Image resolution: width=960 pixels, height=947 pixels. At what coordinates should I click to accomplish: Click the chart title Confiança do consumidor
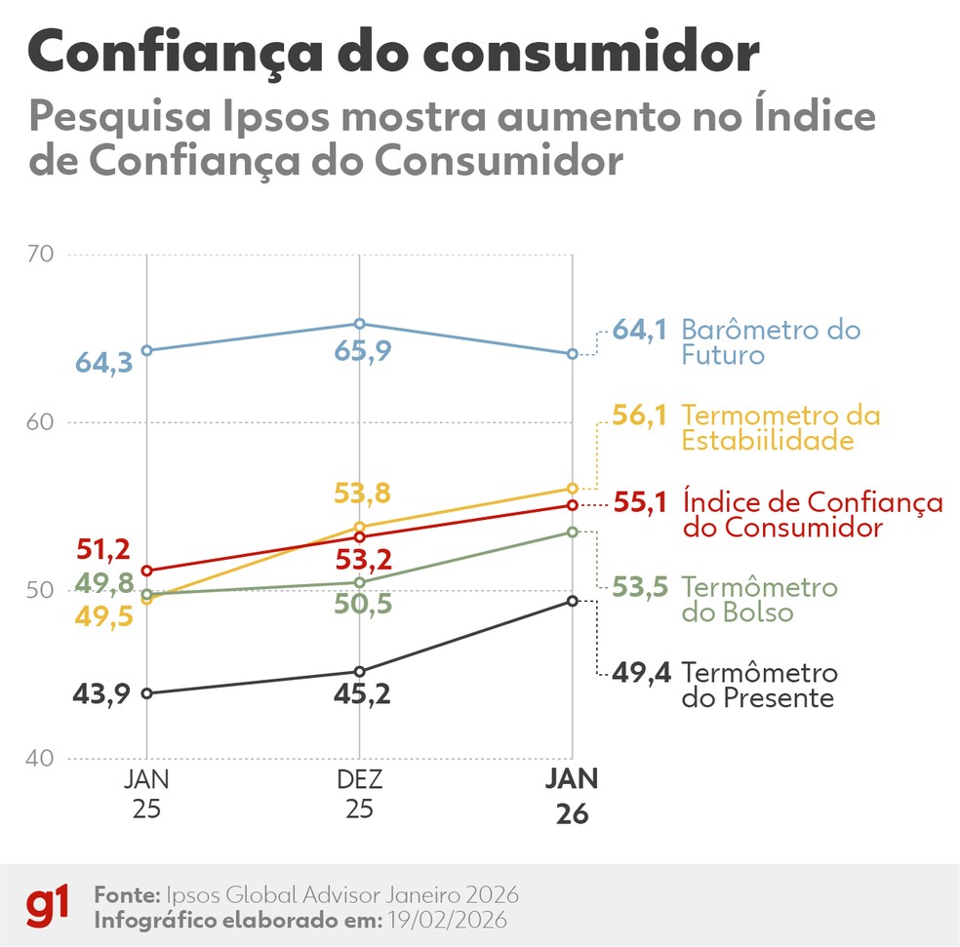click(x=393, y=53)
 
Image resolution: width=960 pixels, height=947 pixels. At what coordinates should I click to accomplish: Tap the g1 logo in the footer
click(x=47, y=906)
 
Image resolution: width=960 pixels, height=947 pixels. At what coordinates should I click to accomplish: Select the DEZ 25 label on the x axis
click(x=359, y=795)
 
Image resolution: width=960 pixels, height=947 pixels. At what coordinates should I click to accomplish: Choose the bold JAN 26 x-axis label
click(x=572, y=796)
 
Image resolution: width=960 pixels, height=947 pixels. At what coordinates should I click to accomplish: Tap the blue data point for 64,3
click(x=146, y=350)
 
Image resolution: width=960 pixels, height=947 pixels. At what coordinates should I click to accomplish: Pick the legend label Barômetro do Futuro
click(x=771, y=341)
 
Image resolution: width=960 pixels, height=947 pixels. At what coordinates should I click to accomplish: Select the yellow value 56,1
click(x=640, y=415)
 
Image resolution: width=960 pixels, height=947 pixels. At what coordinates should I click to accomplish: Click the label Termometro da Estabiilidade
click(x=780, y=428)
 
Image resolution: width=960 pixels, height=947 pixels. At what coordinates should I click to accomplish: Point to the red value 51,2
click(x=103, y=548)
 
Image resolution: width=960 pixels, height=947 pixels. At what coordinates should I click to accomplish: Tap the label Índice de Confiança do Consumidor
click(x=812, y=515)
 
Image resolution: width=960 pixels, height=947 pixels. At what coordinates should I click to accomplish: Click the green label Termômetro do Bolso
click(x=759, y=600)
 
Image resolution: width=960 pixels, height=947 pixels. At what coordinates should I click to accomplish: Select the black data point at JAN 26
click(x=573, y=601)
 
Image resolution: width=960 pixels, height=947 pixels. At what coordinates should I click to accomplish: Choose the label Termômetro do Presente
click(x=759, y=686)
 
